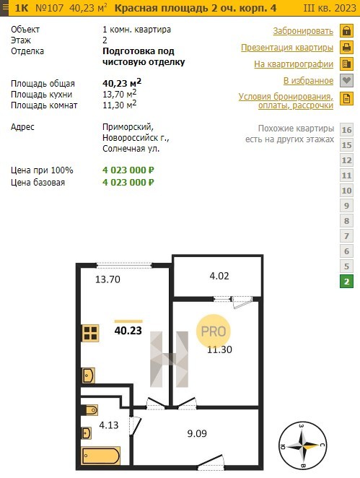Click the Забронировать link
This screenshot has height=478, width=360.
303,31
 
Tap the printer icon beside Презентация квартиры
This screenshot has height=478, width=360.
346,48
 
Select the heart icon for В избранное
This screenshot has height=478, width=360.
346,81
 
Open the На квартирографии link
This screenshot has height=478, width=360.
294,64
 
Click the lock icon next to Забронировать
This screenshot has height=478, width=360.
346,31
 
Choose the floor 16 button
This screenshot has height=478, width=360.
346,130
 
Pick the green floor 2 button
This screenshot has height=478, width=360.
346,282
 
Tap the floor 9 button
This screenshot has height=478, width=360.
346,206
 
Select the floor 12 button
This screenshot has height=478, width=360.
346,160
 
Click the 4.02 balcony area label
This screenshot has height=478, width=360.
219,276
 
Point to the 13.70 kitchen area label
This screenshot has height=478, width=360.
107,279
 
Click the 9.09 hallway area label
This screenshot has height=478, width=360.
197,433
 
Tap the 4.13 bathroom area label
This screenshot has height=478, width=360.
109,425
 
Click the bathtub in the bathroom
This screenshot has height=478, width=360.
101,456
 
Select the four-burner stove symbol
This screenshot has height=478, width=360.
90,333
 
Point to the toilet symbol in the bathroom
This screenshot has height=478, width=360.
90,410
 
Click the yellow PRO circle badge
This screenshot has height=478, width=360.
214,331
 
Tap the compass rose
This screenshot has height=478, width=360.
302,446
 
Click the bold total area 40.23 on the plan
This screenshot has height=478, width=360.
128,331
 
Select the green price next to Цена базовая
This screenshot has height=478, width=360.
128,182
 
